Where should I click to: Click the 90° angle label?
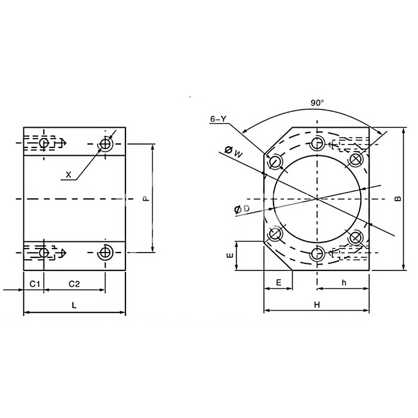pyautogui.click(x=317, y=103)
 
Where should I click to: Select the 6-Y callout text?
pyautogui.click(x=218, y=119)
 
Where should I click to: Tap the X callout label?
pyautogui.click(x=69, y=175)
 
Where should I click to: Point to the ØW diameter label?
pyautogui.click(x=233, y=152)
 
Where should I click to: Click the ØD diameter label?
pyautogui.click(x=242, y=209)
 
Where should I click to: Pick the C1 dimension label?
pyautogui.click(x=35, y=284)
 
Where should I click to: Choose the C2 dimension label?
pyautogui.click(x=74, y=284)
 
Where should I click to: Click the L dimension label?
pyautogui.click(x=74, y=305)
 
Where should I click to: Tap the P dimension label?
pyautogui.click(x=145, y=199)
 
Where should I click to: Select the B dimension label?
pyautogui.click(x=398, y=199)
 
